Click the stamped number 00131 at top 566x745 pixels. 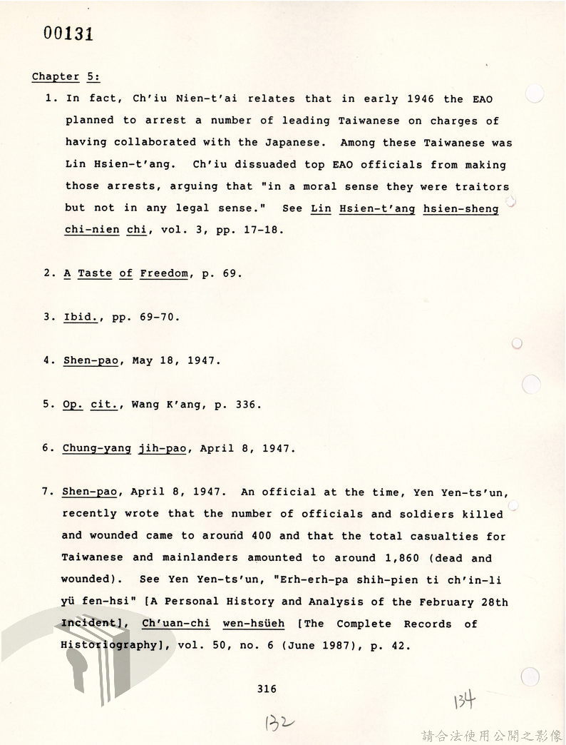(68, 34)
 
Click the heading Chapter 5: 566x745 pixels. (66, 76)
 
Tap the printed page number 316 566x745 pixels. (267, 689)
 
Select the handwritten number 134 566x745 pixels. (463, 701)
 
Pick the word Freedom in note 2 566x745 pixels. (164, 273)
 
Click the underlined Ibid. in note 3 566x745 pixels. (81, 316)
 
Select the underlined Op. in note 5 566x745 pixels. (73, 405)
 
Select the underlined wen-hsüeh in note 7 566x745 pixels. (253, 623)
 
